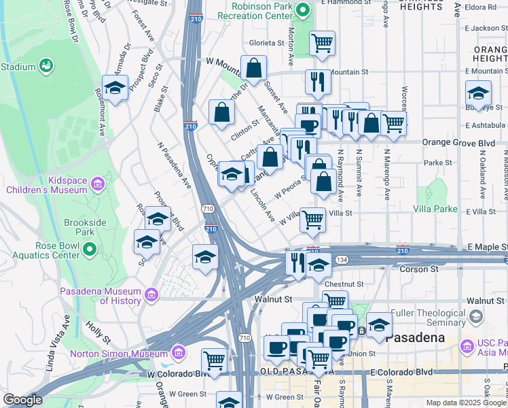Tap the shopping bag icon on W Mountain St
coord(253,68)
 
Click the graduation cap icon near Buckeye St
coord(478,92)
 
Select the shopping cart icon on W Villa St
coord(312,219)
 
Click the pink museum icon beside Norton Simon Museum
coord(179,353)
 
